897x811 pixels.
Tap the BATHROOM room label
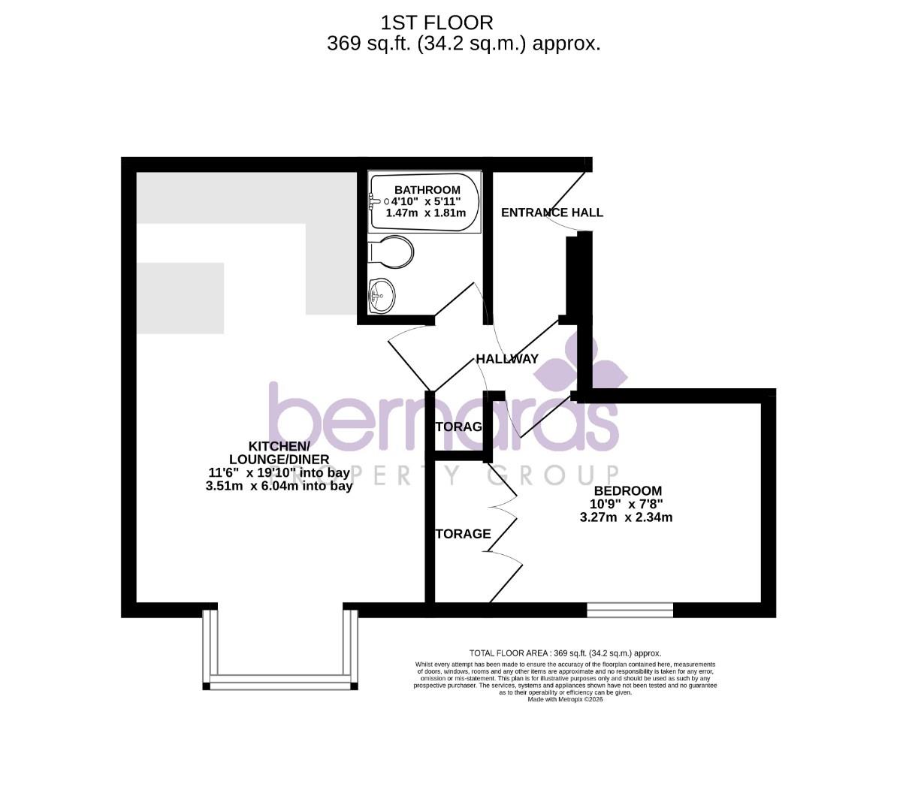point(427,190)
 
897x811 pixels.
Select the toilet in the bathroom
point(392,252)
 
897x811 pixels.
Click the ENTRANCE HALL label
point(551,213)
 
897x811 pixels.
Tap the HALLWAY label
point(507,359)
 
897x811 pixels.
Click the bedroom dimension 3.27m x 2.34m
point(626,517)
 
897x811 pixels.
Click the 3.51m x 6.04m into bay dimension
point(279,487)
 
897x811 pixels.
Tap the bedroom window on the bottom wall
point(630,610)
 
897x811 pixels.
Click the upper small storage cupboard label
point(458,427)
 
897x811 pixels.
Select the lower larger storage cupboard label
point(463,534)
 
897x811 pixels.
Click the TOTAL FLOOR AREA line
point(565,653)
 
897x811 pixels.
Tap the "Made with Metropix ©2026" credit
point(565,699)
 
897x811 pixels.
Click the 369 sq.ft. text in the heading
point(369,44)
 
